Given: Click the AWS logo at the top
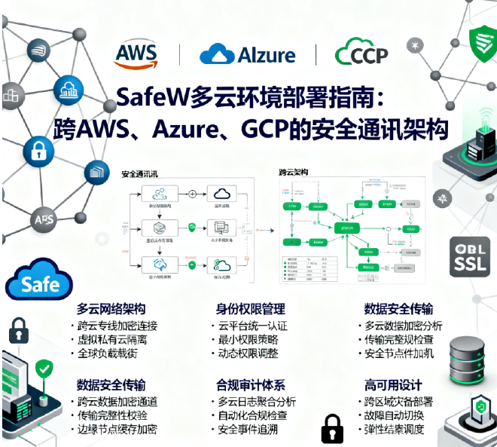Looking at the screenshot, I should tap(136, 54).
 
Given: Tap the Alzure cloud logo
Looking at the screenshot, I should tap(247, 54).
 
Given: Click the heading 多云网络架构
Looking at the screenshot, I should tap(111, 309).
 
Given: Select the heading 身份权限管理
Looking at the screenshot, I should tap(251, 309).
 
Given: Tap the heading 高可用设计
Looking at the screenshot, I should tap(393, 385).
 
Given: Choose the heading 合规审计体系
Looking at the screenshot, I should tap(251, 385).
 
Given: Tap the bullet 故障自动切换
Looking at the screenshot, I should tap(394, 415).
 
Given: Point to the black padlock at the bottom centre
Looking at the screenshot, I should tap(332, 428).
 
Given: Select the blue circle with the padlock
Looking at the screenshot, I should tap(38, 150).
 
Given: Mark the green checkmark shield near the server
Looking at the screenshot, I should tap(44, 369).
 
